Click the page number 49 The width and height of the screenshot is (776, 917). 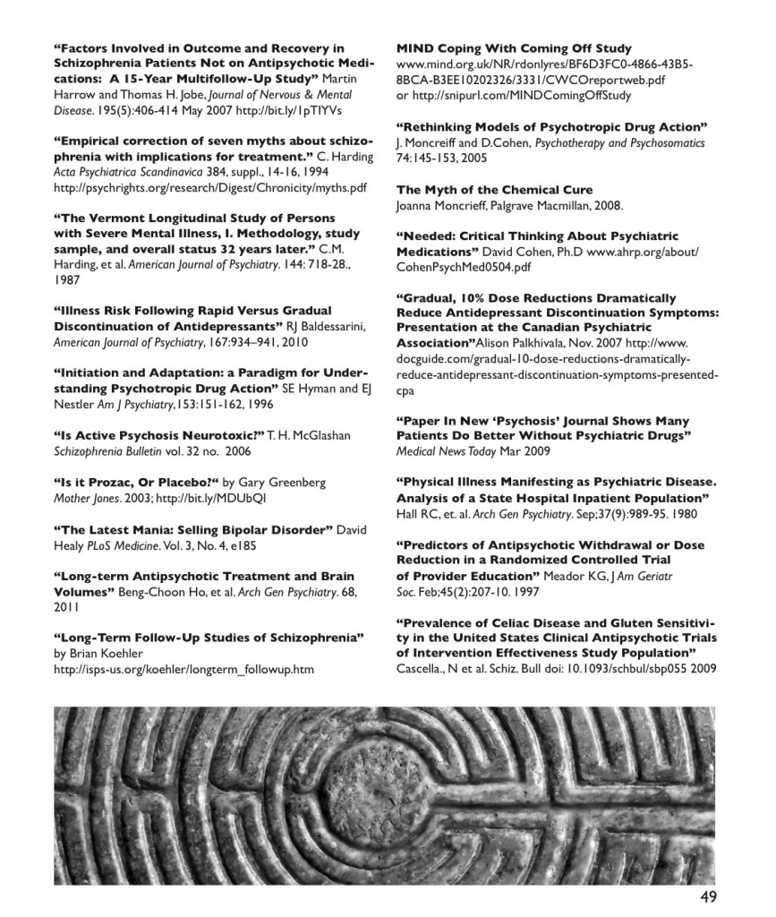(x=707, y=896)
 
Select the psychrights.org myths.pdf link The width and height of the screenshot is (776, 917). (x=210, y=188)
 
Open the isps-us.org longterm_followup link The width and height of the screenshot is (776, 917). (x=183, y=669)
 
